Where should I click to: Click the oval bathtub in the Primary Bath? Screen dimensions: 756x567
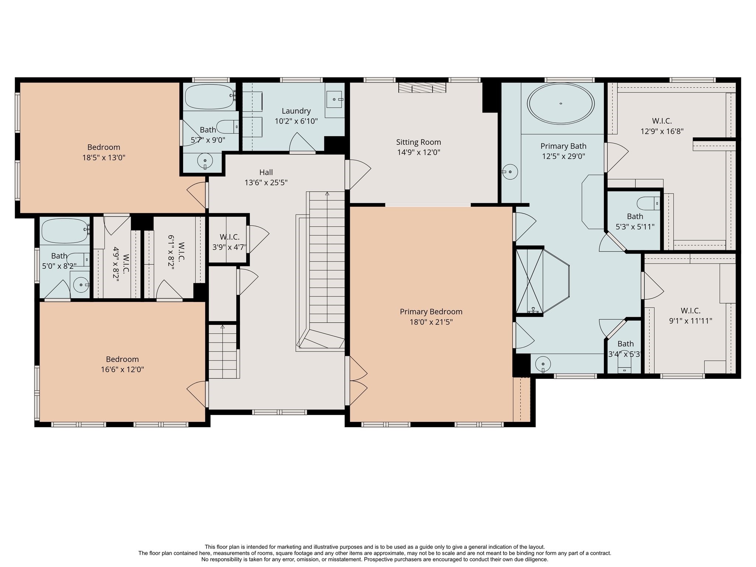click(561, 103)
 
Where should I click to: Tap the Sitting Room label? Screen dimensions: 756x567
click(419, 142)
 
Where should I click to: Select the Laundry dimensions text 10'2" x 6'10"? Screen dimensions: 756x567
click(296, 121)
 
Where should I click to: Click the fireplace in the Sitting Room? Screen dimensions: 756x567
click(422, 87)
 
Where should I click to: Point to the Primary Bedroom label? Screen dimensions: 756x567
click(431, 312)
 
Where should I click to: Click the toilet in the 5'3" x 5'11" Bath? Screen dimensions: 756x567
click(649, 203)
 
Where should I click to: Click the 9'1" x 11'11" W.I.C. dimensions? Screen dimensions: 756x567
click(691, 321)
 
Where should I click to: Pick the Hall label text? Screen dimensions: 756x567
click(266, 172)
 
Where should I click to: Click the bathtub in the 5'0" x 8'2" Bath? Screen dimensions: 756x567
click(65, 231)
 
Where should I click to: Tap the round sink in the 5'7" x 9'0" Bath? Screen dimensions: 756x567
click(205, 161)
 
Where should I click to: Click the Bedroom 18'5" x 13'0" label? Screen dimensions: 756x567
click(104, 147)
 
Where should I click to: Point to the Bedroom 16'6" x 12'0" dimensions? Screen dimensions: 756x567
click(122, 370)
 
